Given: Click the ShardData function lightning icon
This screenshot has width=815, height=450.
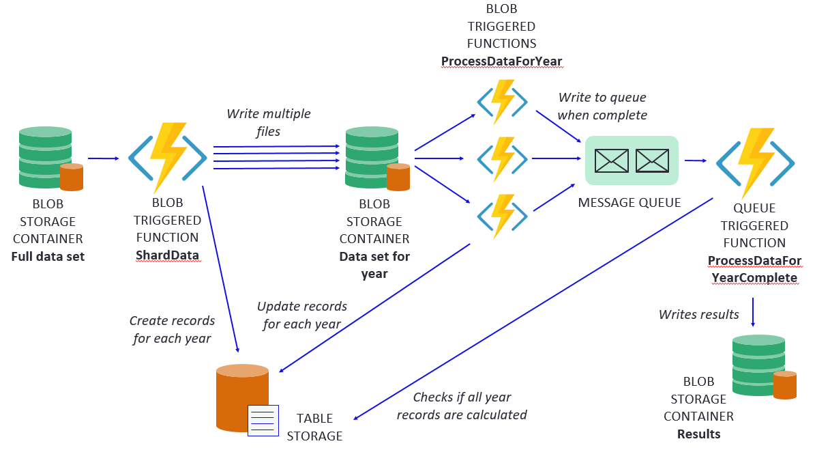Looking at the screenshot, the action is point(167,158).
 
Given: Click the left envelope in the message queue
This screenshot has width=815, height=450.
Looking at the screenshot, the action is point(611,160).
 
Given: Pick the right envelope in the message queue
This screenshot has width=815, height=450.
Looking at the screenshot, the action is point(652,160).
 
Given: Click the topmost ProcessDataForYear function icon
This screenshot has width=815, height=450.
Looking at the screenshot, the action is point(502,102).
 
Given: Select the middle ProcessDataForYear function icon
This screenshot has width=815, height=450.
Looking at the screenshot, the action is point(502,158).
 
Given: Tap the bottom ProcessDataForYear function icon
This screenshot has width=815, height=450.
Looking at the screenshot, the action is point(502,216).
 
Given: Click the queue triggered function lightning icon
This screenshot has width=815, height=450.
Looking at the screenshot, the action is point(755,163).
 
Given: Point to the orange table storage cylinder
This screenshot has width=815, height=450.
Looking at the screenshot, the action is point(242,398).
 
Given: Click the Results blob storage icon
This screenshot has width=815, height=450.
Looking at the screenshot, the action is point(764,367).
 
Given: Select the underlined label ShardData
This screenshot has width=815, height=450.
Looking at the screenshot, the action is point(167,255).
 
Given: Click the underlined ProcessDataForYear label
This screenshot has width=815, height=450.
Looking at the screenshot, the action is point(501,61).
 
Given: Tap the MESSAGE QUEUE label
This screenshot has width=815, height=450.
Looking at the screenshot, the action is point(629,202).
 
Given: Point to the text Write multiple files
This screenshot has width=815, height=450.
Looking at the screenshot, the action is point(268,122).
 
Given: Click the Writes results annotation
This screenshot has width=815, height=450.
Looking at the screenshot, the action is point(698,314).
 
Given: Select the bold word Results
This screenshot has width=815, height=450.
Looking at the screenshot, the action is point(698,434).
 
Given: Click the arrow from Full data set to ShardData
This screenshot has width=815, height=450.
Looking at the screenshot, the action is point(104,158).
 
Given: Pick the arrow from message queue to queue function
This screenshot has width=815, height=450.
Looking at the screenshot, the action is point(696,160).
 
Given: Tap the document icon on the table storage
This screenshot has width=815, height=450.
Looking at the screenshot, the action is point(263,421).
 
